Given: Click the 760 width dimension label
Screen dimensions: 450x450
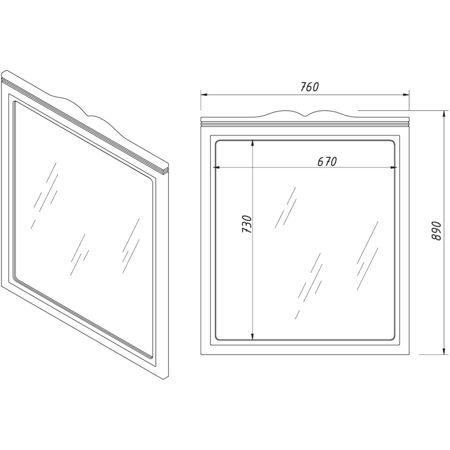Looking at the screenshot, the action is [x=309, y=87].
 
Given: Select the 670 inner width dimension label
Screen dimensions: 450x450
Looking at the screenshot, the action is [x=327, y=161].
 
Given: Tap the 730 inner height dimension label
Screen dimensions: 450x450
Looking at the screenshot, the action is [x=246, y=224].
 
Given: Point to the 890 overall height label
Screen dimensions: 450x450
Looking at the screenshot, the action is [x=436, y=231].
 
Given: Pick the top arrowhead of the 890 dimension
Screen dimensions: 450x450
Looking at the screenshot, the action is [x=444, y=114].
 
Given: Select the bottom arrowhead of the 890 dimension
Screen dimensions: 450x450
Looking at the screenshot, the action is [x=444, y=351].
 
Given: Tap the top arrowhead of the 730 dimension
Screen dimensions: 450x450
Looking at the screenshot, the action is [x=252, y=143].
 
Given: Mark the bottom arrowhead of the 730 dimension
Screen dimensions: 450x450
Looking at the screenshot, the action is [x=252, y=337].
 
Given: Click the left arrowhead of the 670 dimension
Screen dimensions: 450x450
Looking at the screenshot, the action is [x=216, y=167].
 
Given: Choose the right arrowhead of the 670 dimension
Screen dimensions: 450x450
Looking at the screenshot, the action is [x=394, y=167].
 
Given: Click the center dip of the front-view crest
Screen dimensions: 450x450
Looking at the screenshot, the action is [x=306, y=116].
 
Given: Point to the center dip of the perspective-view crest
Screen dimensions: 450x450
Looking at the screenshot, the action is [x=90, y=116].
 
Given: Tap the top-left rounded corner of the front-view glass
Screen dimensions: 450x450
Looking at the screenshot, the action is [x=217, y=142].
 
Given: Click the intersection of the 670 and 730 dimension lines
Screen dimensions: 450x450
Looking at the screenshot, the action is [x=252, y=167].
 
